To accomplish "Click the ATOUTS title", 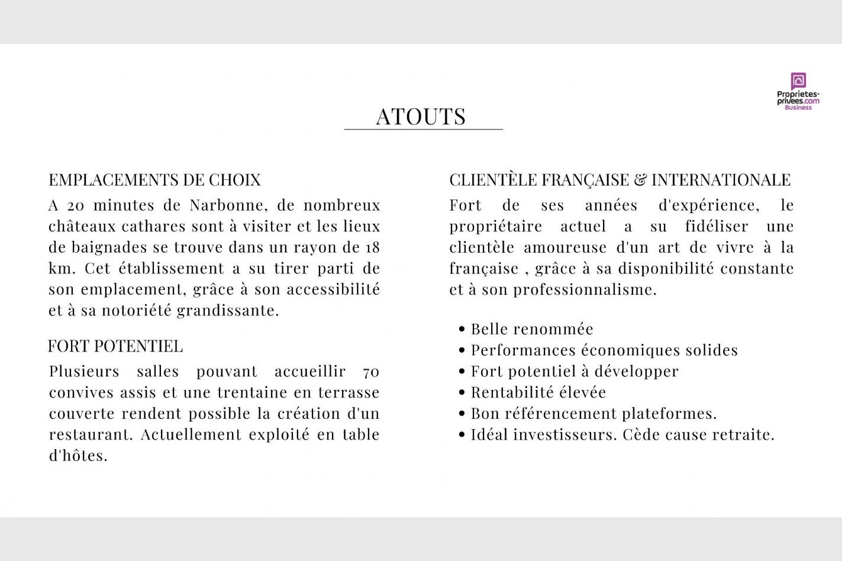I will pos(421,117).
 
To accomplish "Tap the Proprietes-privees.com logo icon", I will pos(798,80).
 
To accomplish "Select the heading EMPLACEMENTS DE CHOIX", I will pos(154,180).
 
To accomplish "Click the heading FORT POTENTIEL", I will pos(115,346).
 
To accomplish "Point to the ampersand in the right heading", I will pos(640,180).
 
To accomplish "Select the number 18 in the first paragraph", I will pos(372,247).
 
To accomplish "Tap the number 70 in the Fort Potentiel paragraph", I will pos(371,372).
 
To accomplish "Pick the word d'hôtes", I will pos(78,456).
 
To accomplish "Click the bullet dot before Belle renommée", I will pos(462,329).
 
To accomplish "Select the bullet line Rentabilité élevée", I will pos(538,392).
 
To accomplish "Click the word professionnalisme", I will pos(585,290).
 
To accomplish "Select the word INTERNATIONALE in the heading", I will pos(721,180).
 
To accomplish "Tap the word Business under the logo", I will pos(798,108).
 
